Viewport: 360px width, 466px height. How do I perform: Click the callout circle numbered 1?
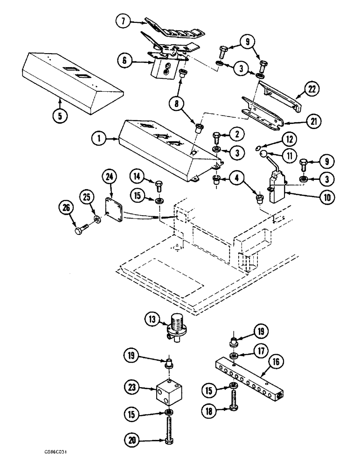pos(99,138)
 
